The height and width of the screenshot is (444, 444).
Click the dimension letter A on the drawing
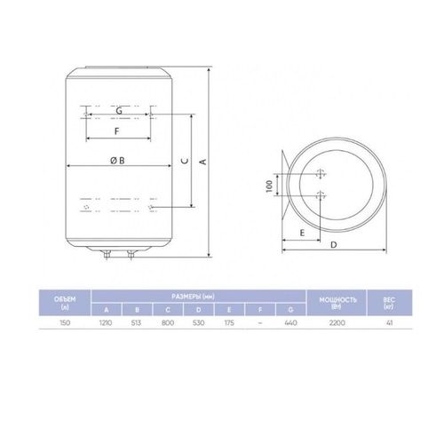[x=202, y=162]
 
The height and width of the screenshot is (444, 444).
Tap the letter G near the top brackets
[x=118, y=109]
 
